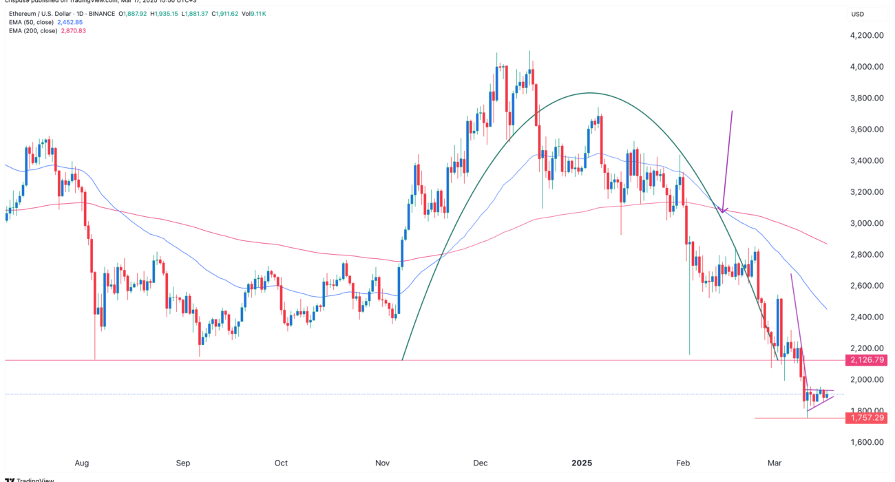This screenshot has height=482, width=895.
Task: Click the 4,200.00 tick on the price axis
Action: tap(867, 36)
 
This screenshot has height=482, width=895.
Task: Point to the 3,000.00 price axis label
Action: tap(867, 223)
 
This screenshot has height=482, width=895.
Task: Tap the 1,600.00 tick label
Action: tap(867, 442)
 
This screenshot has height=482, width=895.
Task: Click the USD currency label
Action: tap(858, 14)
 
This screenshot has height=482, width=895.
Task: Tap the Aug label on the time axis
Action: tap(82, 463)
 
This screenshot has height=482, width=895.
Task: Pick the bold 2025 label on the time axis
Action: tap(582, 463)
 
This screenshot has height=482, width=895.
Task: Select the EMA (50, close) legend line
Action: tap(47, 22)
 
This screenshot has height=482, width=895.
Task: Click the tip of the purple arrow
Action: tap(723, 212)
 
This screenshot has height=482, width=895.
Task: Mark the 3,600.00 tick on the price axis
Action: tap(867, 129)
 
